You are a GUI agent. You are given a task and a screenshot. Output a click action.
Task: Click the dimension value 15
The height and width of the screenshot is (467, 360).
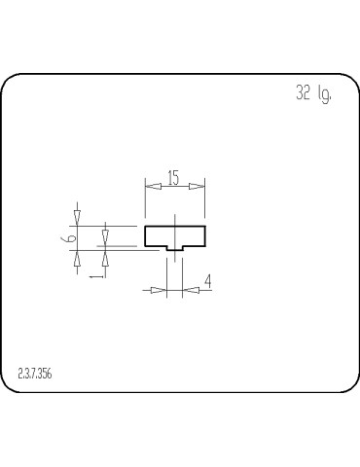click(173, 178)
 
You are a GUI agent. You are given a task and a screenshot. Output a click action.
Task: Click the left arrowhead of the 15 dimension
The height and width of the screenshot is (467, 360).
click(150, 186)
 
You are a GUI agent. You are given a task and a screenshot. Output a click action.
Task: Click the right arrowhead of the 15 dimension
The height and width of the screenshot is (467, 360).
click(198, 186)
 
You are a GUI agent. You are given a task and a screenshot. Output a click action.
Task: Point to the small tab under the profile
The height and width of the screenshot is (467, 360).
click(174, 249)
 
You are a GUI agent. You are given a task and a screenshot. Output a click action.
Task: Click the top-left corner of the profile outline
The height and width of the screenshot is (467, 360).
click(145, 227)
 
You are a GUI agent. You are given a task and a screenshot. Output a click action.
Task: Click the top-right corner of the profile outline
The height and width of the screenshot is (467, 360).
click(204, 227)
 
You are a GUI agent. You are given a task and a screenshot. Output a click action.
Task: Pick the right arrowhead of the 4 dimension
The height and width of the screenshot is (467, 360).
click(188, 289)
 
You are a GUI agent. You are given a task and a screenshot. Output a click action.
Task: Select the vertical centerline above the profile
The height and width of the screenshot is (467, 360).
click(174, 220)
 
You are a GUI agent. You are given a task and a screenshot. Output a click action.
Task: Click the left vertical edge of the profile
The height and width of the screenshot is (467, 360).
click(145, 236)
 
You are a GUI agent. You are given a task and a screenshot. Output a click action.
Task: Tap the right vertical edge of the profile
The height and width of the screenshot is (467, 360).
click(204, 236)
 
